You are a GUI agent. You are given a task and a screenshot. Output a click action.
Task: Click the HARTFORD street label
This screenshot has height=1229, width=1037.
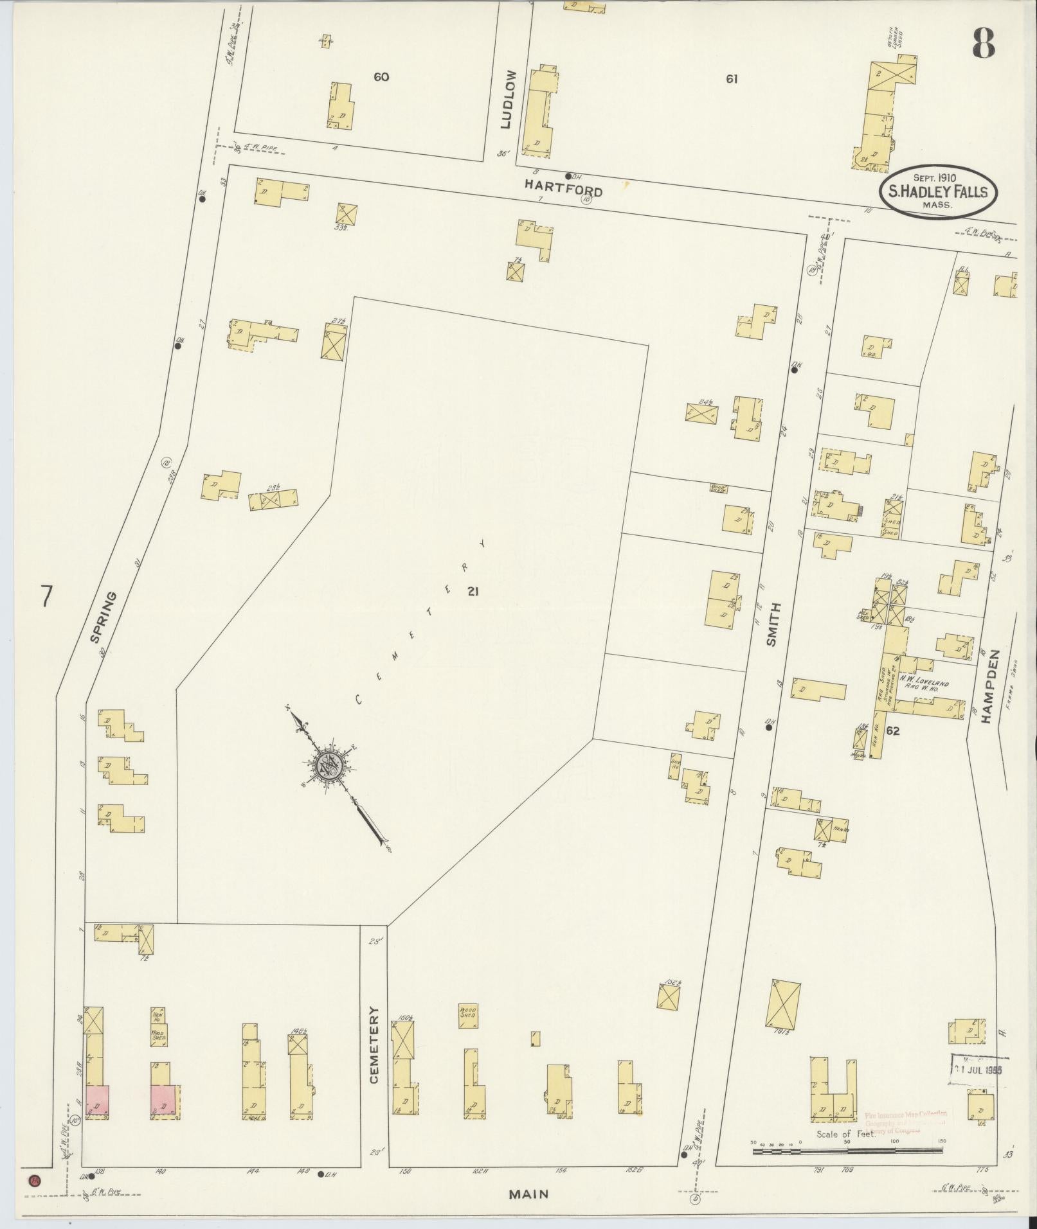563,188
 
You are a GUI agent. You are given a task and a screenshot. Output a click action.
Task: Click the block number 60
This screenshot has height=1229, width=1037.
381,77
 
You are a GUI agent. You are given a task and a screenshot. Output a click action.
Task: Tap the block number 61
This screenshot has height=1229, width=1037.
731,79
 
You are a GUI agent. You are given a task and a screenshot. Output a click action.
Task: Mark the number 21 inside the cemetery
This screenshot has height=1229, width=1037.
473,591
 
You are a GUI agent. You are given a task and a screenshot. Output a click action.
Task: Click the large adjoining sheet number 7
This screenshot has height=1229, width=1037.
45,596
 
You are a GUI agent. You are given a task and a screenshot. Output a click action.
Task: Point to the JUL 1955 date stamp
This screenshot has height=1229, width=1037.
978,1069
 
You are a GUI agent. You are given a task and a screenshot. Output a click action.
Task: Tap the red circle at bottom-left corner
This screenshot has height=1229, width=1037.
33,1180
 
